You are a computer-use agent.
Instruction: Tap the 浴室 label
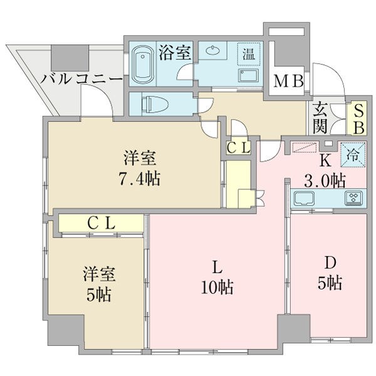(x=174, y=52)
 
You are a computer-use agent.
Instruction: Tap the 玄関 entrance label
(x=320, y=118)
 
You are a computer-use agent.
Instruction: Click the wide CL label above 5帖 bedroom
(x=100, y=222)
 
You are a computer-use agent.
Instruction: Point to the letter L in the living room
(x=216, y=267)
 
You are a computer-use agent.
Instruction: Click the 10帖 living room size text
(x=217, y=288)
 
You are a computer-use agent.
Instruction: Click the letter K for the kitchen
(x=325, y=159)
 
